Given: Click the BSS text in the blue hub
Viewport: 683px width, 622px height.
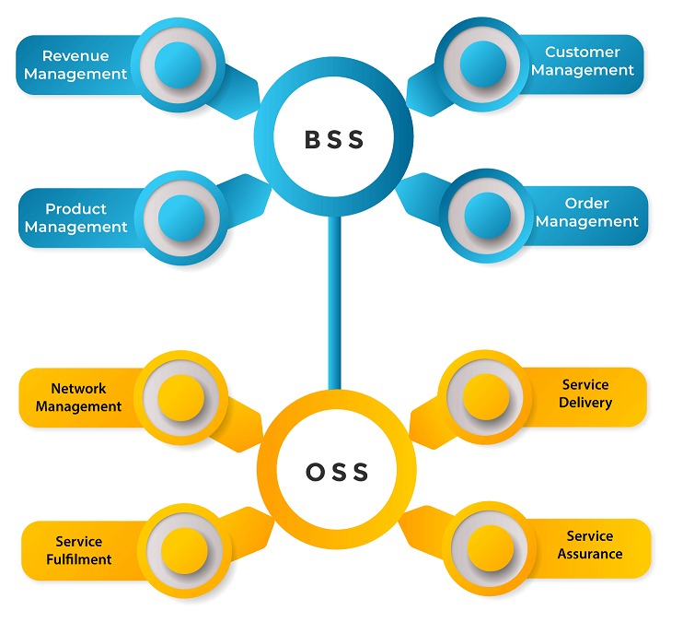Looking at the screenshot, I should tap(335, 139).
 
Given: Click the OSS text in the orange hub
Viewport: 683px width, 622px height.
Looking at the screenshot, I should tap(337, 473).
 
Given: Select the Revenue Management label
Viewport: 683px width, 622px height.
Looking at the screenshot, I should tap(75, 65).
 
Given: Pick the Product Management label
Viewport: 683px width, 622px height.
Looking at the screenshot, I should tap(76, 217).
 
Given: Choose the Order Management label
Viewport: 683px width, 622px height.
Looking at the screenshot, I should tap(587, 212).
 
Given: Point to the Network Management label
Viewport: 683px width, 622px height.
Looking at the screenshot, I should tap(78, 397).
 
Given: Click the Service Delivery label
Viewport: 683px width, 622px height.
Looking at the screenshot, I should tap(585, 393).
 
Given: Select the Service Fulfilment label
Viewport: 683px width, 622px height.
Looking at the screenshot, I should tap(78, 550).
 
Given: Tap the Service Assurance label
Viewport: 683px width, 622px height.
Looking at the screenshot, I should tap(590, 545).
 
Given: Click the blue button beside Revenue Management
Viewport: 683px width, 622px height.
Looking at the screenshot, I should tap(179, 65).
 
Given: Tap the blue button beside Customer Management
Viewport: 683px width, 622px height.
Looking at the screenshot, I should tap(482, 64).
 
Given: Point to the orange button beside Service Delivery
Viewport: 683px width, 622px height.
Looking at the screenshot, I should tap(485, 396).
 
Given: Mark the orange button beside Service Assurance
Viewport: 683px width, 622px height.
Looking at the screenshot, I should tap(490, 548).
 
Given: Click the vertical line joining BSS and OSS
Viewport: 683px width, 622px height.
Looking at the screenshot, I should tap(335, 304).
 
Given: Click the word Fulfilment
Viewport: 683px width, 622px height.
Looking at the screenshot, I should tap(78, 558).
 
